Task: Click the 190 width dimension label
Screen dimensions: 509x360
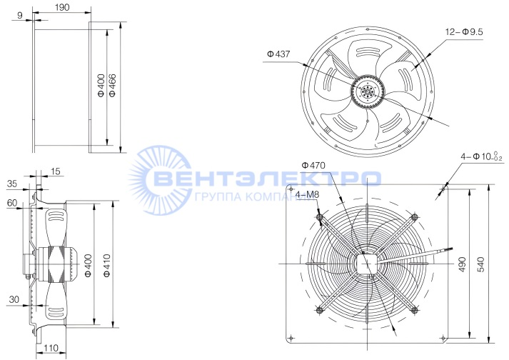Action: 62,7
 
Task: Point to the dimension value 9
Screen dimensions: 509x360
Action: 20,15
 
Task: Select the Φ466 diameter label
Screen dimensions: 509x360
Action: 112,86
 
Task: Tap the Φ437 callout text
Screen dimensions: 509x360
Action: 278,54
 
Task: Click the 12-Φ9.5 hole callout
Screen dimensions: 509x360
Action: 464,32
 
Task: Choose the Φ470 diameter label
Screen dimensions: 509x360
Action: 313,166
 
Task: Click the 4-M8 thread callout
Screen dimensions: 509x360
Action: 307,194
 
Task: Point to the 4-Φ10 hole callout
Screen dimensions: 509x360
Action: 482,156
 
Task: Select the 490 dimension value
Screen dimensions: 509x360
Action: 463,264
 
